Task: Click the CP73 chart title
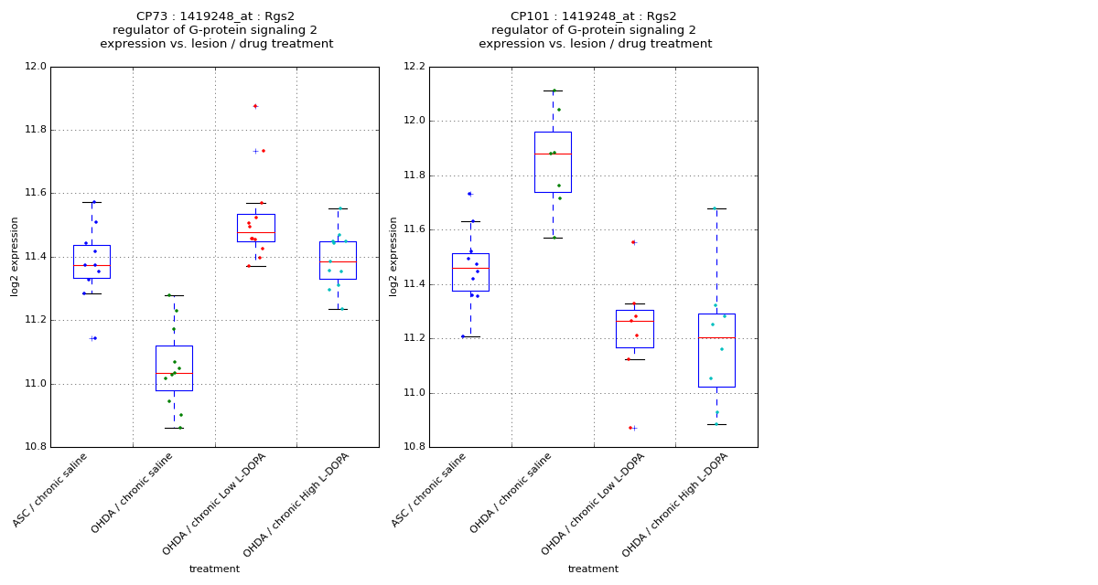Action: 216,30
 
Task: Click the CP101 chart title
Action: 595,30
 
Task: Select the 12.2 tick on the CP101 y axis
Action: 414,67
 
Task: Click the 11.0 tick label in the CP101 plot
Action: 414,393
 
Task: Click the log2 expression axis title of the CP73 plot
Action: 15,257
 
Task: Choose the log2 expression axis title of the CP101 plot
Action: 393,257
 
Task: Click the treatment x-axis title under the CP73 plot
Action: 214,569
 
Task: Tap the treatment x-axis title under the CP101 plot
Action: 593,569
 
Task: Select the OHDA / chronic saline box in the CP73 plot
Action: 174,367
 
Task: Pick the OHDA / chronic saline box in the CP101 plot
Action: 553,162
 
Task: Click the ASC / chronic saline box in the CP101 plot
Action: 470,272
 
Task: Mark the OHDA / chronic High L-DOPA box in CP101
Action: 716,350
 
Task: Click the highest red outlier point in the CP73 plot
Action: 255,106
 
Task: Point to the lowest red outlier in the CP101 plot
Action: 630,428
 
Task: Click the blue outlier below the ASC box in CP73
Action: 92,338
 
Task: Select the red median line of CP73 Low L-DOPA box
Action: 255,232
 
